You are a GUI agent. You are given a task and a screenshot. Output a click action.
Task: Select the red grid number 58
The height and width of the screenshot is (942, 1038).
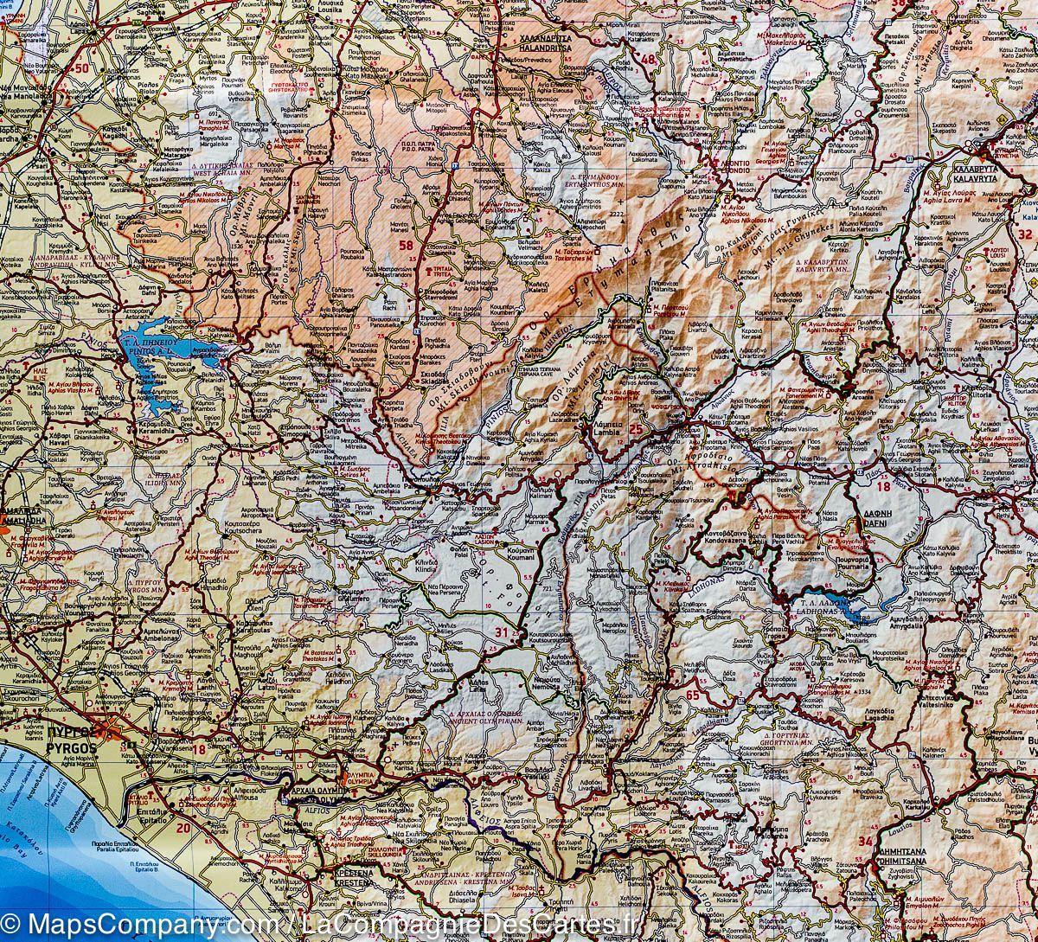click(x=406, y=247)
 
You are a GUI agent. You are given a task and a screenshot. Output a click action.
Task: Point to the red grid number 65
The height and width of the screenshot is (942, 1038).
click(x=692, y=695)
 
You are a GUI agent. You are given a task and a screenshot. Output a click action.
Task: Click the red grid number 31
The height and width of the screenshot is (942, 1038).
click(x=502, y=632)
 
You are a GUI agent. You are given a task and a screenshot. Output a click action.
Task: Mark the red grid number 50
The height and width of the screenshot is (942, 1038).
click(x=82, y=67)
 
